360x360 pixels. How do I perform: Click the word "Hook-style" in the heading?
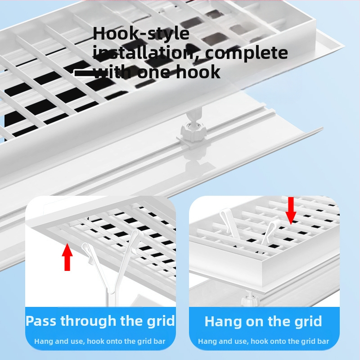click(141, 33)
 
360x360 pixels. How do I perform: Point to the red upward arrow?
click(67, 257)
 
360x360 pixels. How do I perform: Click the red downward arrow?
click(291, 211)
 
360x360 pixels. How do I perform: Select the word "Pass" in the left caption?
click(41, 321)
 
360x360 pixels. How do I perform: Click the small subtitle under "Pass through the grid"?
click(100, 342)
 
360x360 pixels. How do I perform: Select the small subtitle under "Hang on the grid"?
click(264, 342)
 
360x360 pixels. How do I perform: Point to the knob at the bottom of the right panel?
click(250, 298)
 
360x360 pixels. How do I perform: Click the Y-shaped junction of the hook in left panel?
click(111, 291)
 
